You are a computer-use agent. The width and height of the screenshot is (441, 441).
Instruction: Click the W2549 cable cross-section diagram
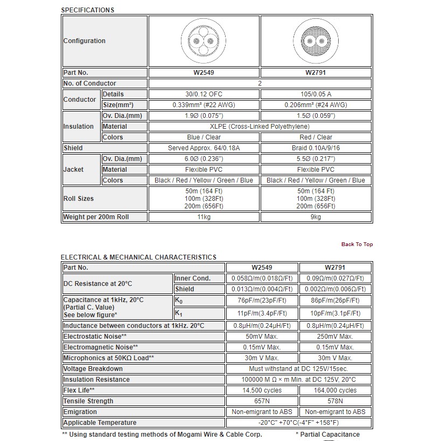tap(204, 41)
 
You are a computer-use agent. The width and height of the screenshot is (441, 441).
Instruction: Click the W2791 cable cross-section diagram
tap(316, 41)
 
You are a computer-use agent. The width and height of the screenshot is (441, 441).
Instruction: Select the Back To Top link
tap(356, 244)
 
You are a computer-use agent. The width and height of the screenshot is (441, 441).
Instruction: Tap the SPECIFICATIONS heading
tap(88, 10)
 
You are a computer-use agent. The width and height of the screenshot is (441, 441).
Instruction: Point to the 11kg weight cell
tap(204, 217)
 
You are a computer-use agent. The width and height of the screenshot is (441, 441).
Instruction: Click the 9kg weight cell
tap(316, 217)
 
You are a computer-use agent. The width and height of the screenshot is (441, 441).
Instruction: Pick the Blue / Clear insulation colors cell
tap(204, 137)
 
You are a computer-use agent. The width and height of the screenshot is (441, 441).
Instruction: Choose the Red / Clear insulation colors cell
tap(316, 137)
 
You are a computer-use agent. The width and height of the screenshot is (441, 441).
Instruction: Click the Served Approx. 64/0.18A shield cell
tap(204, 148)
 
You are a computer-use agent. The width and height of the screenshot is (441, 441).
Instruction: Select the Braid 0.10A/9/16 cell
tap(316, 148)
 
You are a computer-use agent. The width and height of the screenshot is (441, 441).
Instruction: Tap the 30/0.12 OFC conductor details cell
tap(204, 94)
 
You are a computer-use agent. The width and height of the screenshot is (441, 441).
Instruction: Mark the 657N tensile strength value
tap(262, 401)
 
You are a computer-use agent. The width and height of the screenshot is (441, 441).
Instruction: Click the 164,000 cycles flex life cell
tap(335, 390)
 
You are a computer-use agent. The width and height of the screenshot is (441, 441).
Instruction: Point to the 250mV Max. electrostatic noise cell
tap(335, 337)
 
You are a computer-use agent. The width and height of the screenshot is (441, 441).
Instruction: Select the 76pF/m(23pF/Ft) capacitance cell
tap(262, 300)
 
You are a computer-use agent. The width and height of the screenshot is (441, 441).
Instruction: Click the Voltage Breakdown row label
tap(93, 369)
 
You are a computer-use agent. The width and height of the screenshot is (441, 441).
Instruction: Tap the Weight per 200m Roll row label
tap(96, 217)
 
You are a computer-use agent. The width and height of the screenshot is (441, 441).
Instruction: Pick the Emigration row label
tap(80, 412)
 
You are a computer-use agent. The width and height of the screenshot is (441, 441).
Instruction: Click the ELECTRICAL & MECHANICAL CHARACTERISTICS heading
tap(139, 257)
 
